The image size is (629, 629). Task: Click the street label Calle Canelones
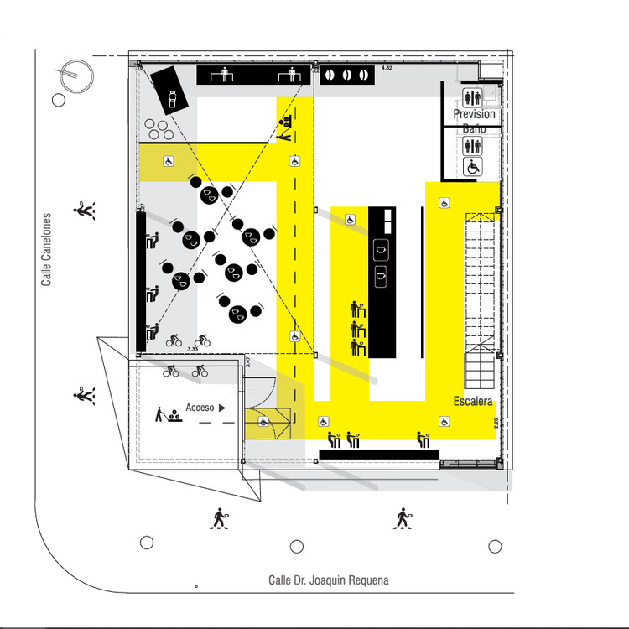tap(47, 248)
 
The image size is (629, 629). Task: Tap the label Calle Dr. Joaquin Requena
tap(328, 580)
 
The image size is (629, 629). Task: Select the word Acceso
tap(200, 408)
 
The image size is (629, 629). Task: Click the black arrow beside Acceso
tap(223, 408)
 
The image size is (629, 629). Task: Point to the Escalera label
tap(473, 402)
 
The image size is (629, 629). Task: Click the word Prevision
tap(474, 114)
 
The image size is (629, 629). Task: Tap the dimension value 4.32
tap(387, 67)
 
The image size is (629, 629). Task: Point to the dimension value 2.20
tap(496, 423)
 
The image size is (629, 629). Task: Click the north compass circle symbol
tap(75, 76)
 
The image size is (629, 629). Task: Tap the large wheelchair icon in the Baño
tap(473, 167)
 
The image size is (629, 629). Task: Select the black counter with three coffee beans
tap(346, 75)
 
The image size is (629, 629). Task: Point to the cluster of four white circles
tap(157, 129)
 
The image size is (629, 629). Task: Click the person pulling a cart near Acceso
tap(160, 414)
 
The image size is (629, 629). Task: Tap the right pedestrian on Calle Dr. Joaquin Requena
tap(403, 519)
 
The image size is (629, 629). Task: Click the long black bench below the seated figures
tap(378, 455)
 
